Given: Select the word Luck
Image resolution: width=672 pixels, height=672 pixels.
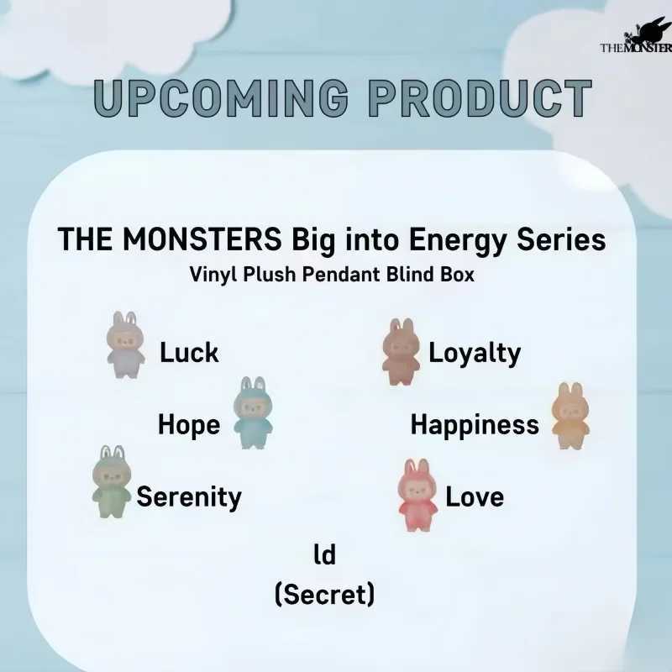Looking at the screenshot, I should [189, 353].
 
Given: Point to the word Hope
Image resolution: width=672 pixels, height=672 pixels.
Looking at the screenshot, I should [189, 425].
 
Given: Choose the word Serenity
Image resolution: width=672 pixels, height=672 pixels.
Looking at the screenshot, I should [189, 497].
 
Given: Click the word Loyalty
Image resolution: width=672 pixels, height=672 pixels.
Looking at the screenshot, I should [475, 353].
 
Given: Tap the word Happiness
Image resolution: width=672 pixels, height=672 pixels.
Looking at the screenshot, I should [475, 425].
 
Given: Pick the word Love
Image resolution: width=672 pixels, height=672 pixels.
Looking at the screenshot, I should [475, 497].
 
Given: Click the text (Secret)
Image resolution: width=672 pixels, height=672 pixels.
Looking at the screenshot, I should [324, 595].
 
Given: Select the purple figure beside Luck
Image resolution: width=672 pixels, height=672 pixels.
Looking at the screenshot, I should [126, 344].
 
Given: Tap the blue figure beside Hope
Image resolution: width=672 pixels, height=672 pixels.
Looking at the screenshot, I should [252, 412].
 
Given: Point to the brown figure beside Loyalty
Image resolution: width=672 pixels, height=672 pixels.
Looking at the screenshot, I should [400, 351].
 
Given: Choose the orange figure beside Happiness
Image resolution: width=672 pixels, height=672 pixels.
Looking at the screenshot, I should [570, 415].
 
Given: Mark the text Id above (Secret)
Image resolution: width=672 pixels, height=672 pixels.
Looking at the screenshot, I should [324, 554].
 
